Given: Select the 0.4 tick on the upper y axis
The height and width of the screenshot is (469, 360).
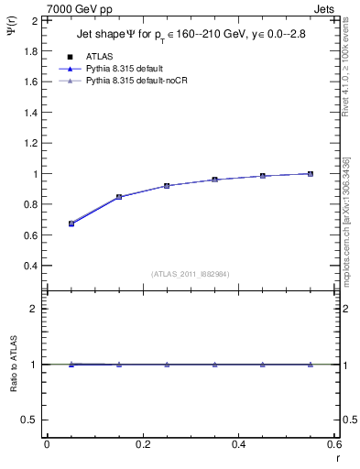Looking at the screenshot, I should [32, 266].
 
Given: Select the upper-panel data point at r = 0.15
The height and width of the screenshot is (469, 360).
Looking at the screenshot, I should [119, 197].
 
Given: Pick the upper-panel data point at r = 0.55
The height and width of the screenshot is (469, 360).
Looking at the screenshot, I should [311, 174].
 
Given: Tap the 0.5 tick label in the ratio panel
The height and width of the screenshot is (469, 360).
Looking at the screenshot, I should [32, 420].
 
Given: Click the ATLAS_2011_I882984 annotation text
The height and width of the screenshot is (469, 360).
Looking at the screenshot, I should [191, 274].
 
